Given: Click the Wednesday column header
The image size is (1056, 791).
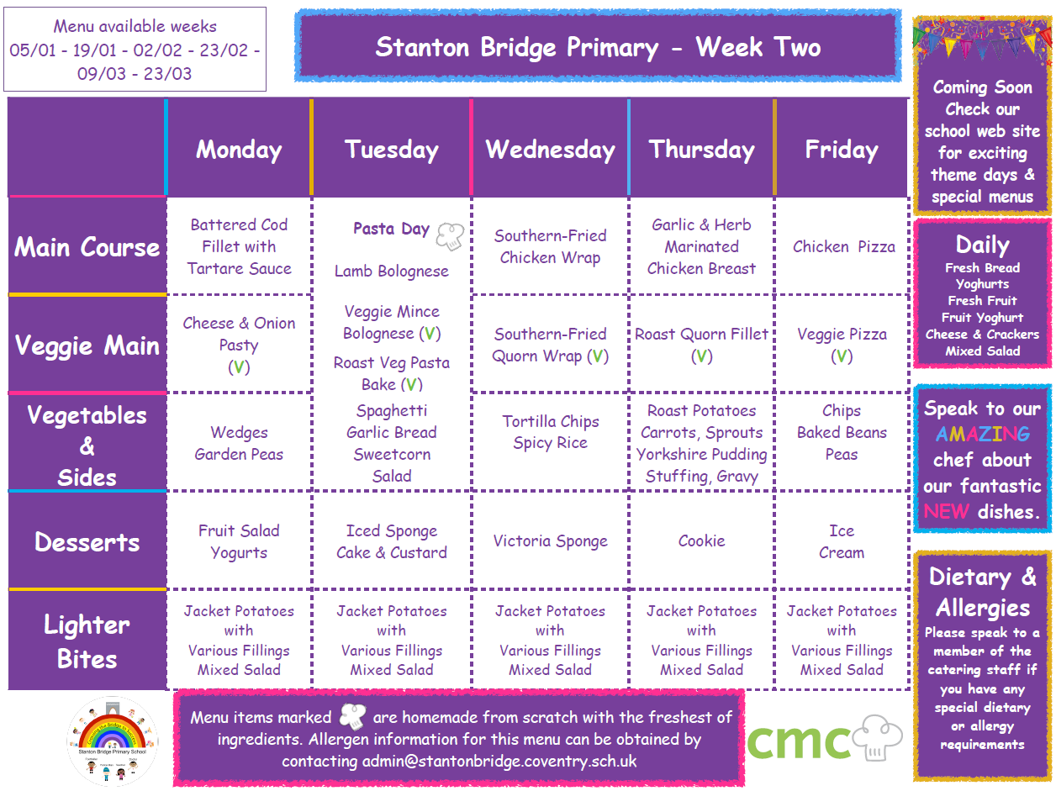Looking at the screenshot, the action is click(x=550, y=150).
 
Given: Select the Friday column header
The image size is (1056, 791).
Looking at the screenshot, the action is click(x=842, y=150).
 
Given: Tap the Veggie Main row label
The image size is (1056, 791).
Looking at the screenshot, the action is click(x=87, y=345).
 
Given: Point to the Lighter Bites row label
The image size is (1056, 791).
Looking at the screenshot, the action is click(x=87, y=641).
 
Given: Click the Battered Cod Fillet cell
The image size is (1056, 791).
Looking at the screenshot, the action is click(x=239, y=246).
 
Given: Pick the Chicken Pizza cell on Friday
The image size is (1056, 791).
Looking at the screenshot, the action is click(x=844, y=246).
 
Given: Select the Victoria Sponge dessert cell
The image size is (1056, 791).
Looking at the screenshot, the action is click(x=550, y=541).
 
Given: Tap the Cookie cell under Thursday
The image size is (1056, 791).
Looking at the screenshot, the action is click(x=701, y=541).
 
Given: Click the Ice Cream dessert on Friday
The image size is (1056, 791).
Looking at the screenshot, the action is click(x=842, y=541).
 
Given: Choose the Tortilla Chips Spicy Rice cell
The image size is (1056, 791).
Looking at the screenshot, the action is click(x=551, y=432).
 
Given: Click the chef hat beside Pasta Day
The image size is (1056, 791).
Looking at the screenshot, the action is click(x=450, y=236).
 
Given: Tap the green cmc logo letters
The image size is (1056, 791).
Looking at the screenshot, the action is click(x=799, y=741).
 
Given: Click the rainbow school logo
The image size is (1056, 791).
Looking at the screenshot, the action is click(x=113, y=741).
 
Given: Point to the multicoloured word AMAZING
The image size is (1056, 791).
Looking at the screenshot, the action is click(x=982, y=435).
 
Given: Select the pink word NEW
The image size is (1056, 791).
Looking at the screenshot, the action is click(x=946, y=512).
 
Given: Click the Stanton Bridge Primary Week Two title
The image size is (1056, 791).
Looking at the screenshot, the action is click(x=598, y=47).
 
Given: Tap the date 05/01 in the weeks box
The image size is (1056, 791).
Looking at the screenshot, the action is click(x=33, y=50).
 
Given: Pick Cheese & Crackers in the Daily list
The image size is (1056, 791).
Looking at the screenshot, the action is click(x=982, y=335).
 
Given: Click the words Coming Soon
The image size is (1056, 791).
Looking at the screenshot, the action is click(x=982, y=87).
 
